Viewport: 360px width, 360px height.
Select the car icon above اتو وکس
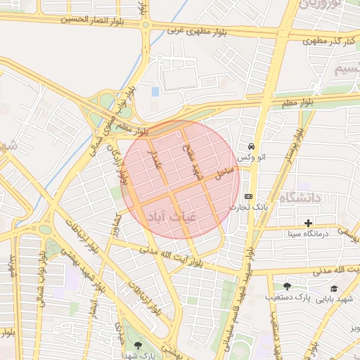pos(251,146)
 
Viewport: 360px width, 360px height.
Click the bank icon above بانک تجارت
pos(248,196)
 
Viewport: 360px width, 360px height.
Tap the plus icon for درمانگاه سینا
pos(308,223)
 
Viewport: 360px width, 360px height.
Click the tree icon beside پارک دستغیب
pos(286,285)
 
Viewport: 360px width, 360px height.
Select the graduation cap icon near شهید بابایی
pos(333,288)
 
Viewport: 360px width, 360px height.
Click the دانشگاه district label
pos(299,198)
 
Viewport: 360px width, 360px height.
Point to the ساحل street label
pos(224,171)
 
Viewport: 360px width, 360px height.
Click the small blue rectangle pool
pos(155,91)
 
